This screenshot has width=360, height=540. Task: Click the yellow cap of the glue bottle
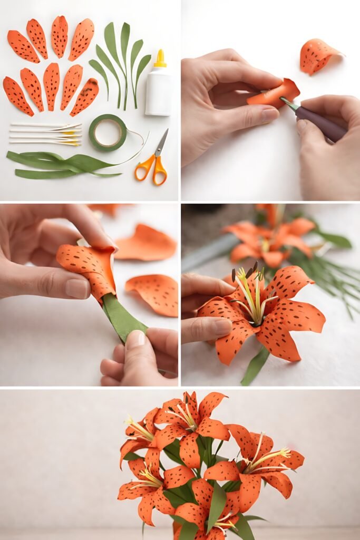[160, 59]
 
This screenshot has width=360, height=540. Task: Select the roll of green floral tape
[108, 132]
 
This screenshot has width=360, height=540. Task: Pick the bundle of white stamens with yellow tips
[46, 134]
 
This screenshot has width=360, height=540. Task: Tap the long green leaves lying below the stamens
[58, 164]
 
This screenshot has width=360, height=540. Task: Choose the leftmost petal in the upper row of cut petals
[23, 46]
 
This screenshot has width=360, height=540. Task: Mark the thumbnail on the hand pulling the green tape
[135, 340]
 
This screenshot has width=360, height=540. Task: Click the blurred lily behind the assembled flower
[269, 240]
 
